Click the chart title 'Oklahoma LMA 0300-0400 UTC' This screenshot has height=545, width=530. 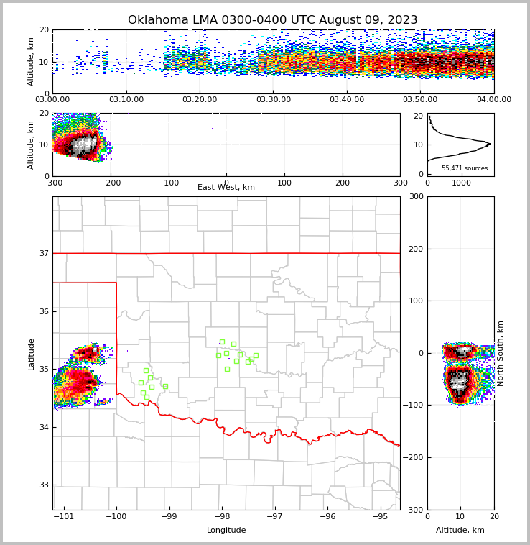[272, 20]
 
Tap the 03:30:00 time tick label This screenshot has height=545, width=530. [273, 100]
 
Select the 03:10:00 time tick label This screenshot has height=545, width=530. [126, 100]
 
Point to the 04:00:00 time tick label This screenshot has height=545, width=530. [493, 100]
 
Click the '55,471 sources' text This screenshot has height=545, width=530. [465, 168]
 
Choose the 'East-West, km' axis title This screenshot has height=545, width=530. [226, 188]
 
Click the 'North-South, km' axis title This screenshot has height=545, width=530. [501, 353]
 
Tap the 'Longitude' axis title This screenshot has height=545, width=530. [226, 531]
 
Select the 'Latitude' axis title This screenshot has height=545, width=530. [32, 354]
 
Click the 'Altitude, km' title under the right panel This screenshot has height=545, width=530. [460, 531]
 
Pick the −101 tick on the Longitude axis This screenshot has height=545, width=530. [65, 517]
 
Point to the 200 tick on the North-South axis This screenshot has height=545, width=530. [415, 249]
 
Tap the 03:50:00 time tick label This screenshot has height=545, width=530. [420, 100]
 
